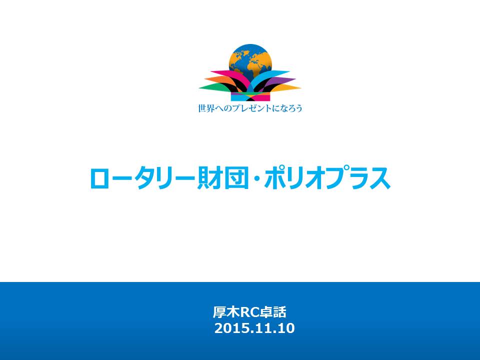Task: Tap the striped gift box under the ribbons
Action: (x=250, y=96)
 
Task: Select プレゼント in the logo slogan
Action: (x=249, y=108)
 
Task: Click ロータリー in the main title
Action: (x=142, y=178)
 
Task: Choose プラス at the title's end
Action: (x=357, y=178)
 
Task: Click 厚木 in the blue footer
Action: (x=226, y=312)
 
